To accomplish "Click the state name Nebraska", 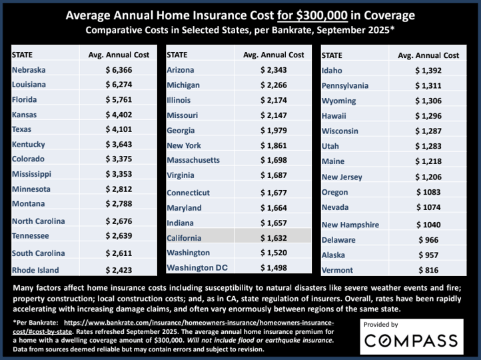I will click(x=30, y=69).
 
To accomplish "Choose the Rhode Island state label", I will click(x=35, y=270).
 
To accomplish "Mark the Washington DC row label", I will click(x=197, y=267).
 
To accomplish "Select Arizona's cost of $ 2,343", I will click(x=274, y=70).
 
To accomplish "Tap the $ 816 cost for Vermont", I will click(x=428, y=270).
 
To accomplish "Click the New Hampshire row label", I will click(x=351, y=225).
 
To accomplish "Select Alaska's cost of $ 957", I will click(x=428, y=255).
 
